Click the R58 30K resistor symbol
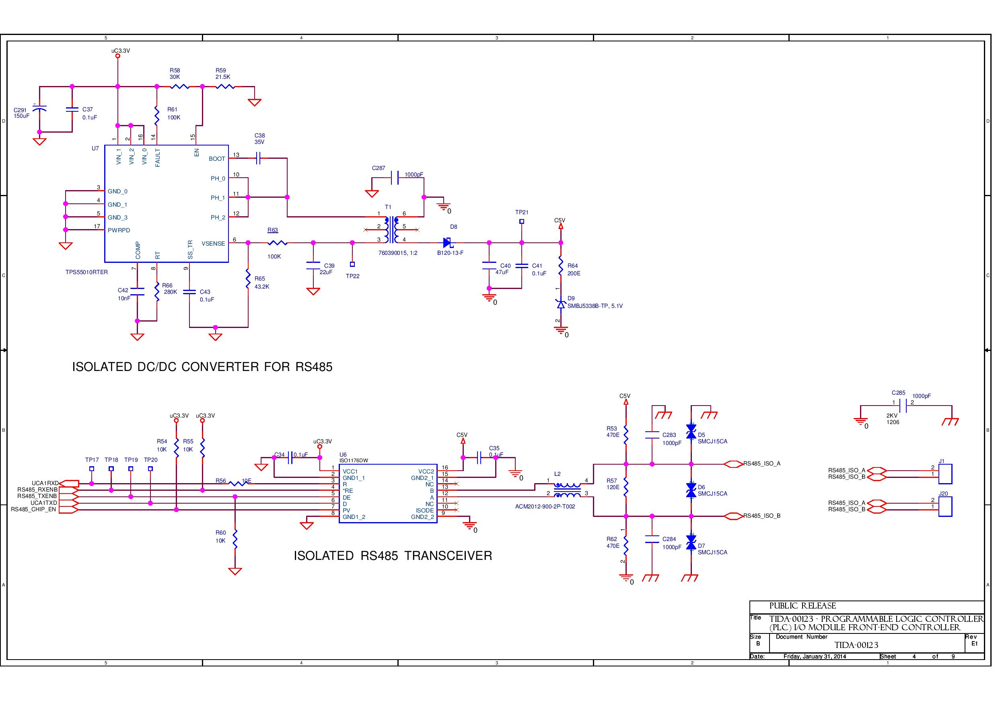tap(179, 86)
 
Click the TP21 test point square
tap(522, 221)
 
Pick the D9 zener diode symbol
tap(561, 304)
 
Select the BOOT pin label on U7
tap(216, 159)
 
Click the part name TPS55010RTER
tap(86, 273)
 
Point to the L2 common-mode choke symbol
tap(567, 490)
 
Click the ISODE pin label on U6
tap(424, 510)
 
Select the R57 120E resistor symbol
tap(626, 488)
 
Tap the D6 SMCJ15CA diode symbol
tap(691, 490)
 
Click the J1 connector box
tap(945, 474)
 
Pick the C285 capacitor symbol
tap(903, 406)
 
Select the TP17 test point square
tap(92, 469)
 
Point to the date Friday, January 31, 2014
tap(815, 656)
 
